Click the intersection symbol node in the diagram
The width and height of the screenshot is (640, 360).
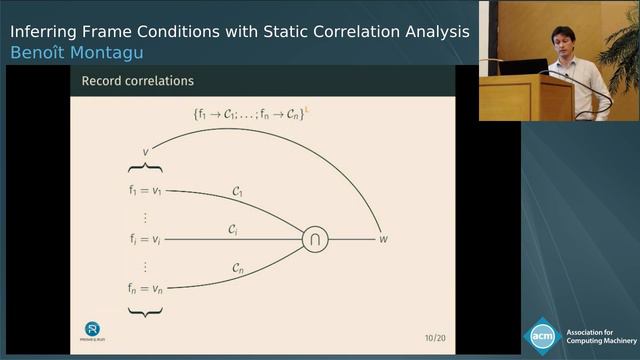[x=315, y=240]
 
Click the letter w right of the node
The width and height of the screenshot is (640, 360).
[x=382, y=240]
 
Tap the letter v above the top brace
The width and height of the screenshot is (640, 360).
[x=147, y=152]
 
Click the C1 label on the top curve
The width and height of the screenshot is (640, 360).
[x=237, y=190]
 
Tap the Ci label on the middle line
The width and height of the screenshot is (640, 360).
[x=233, y=229]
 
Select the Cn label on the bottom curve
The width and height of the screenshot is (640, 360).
[x=237, y=268]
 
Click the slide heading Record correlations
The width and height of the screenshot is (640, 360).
[x=139, y=79]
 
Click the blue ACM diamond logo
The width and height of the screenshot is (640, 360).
[x=543, y=335]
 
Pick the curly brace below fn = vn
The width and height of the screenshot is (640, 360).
[x=147, y=313]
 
